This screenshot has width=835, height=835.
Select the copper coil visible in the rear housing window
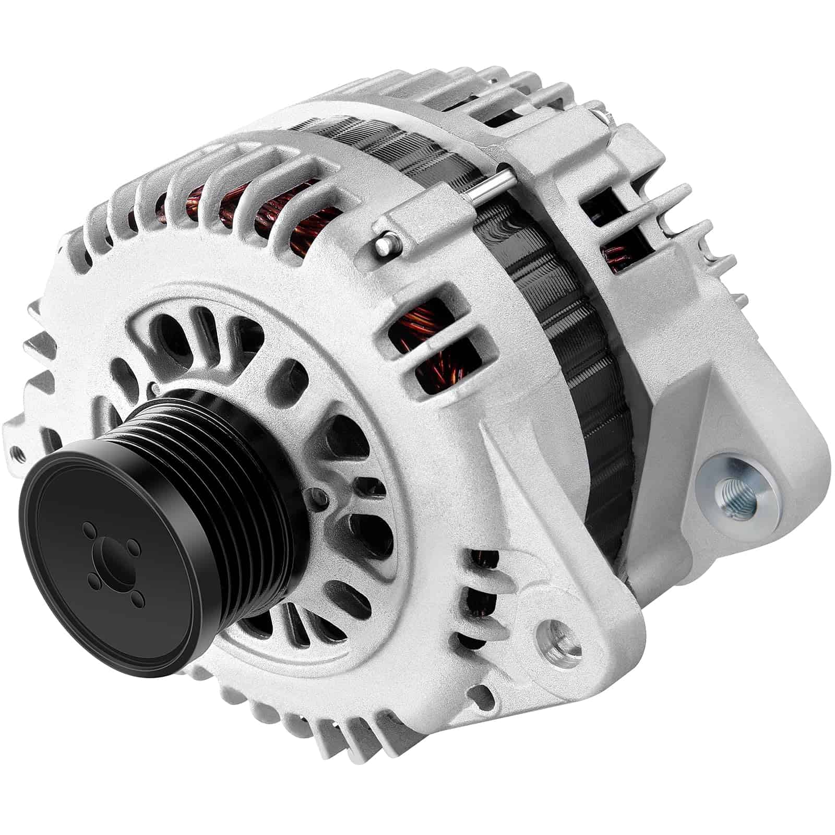616,256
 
